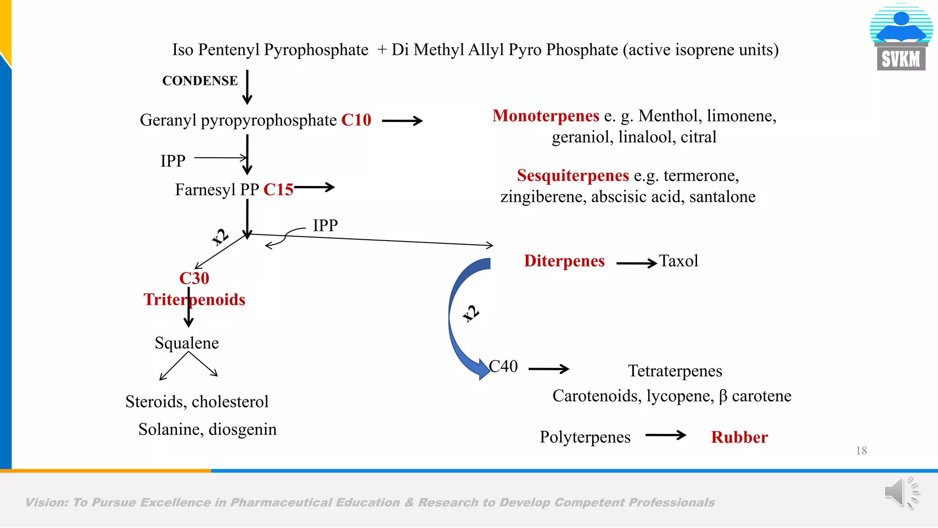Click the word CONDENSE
click(200, 81)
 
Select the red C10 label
click(356, 120)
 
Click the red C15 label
click(278, 190)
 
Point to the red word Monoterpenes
click(545, 116)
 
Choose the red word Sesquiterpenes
click(573, 176)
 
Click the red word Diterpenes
click(564, 261)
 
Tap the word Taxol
click(678, 261)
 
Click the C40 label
click(503, 366)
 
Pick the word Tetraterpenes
click(675, 371)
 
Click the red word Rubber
click(739, 437)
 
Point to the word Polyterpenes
click(585, 437)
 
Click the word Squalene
click(186, 343)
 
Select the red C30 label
click(194, 278)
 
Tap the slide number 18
click(861, 451)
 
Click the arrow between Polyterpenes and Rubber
click(665, 435)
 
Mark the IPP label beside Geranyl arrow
click(173, 161)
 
